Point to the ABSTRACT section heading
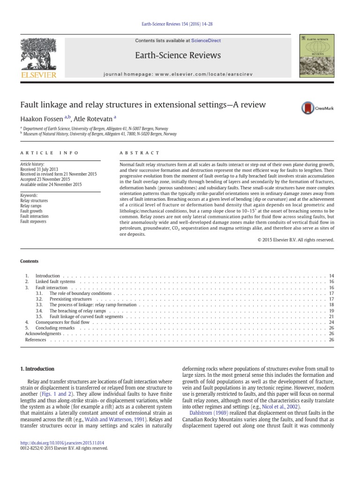(x=140, y=153)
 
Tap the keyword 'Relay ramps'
(x=30, y=206)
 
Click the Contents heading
(x=29, y=261)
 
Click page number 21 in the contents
(x=331, y=316)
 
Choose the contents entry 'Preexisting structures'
(x=71, y=299)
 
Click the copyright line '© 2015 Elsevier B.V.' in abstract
(x=296, y=240)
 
